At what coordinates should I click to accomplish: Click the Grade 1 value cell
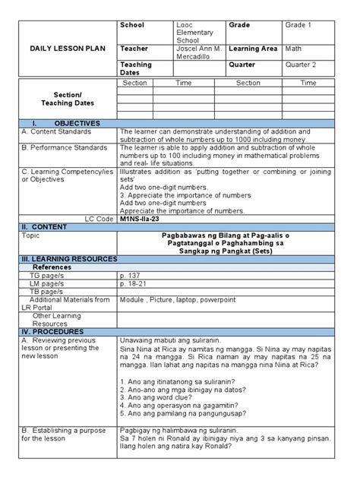tap(298, 26)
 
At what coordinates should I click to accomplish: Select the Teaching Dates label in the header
tap(137, 68)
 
